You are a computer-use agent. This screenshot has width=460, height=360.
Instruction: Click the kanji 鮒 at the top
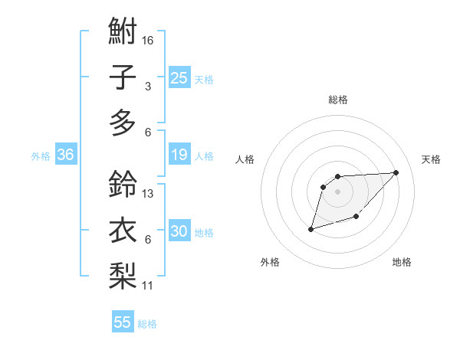tap(123, 33)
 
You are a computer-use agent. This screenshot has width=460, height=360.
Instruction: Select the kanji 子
tap(123, 77)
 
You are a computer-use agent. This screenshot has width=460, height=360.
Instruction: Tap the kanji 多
tap(123, 123)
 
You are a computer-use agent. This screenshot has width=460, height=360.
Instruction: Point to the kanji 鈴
tap(123, 185)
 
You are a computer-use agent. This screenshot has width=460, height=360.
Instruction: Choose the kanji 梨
tap(123, 277)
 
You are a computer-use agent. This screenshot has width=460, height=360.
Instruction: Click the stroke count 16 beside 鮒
tap(148, 40)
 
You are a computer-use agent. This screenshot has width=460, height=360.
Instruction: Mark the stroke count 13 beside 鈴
tap(148, 194)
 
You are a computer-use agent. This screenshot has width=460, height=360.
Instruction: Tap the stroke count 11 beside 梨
tap(148, 286)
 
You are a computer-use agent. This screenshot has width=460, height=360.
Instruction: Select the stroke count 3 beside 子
tap(148, 86)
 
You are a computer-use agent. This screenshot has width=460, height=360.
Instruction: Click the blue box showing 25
tap(179, 78)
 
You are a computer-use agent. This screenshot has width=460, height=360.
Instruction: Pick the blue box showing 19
tap(179, 155)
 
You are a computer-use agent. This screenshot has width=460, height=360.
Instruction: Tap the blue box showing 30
tap(179, 232)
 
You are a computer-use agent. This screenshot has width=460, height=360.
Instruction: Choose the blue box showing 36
tap(65, 155)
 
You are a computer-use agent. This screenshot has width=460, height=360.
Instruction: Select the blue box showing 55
tap(123, 322)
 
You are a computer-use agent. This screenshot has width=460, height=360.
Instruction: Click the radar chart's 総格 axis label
tap(338, 100)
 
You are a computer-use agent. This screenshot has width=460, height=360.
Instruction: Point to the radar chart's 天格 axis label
tap(432, 159)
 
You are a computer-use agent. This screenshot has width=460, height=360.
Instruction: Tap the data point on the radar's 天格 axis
tap(396, 172)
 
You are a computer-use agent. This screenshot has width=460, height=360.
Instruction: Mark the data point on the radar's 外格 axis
tap(310, 229)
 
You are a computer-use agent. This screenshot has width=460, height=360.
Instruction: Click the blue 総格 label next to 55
tap(147, 324)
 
